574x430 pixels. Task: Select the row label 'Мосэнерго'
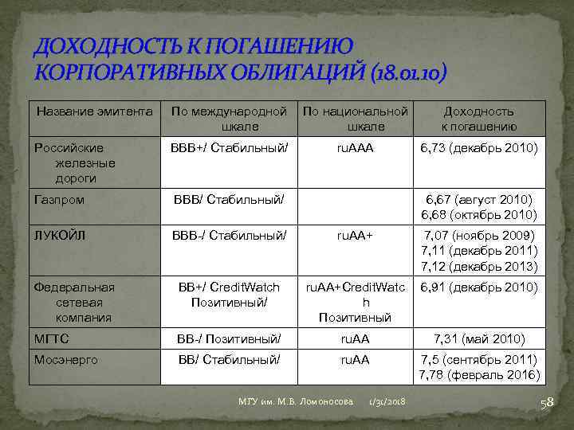[65, 360]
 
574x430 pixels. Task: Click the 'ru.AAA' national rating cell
[355, 148]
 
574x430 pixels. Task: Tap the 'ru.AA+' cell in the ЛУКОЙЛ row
[355, 236]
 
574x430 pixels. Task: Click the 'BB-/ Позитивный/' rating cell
[230, 338]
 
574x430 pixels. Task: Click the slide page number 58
[547, 404]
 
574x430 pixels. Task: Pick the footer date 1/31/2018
[387, 404]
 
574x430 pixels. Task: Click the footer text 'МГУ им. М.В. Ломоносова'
[295, 404]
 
